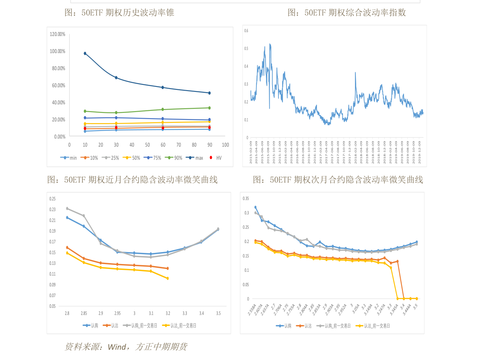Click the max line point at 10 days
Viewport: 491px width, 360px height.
coord(85,53)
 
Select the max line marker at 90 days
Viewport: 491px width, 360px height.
coord(209,93)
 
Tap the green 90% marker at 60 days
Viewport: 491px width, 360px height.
coord(162,109)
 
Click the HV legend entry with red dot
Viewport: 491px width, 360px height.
coord(216,158)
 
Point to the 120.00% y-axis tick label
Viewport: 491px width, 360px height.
coord(58,34)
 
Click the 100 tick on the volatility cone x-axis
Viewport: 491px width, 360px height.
coord(225,145)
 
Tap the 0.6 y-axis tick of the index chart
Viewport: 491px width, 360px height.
coord(246,30)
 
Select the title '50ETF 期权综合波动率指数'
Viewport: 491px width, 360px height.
coord(347,12)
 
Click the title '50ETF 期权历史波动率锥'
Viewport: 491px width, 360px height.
coord(120,12)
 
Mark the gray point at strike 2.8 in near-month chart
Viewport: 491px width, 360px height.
coord(67,208)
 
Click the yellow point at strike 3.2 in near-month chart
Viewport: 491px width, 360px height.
coord(167,278)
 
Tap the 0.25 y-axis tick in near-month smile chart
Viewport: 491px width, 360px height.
coord(52,199)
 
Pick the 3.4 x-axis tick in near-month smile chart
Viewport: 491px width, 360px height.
coord(202,313)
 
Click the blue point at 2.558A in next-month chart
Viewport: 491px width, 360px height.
coord(255,207)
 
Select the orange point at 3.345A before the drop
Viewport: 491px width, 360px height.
coord(397,261)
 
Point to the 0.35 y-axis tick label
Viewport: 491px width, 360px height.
coord(246,199)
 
